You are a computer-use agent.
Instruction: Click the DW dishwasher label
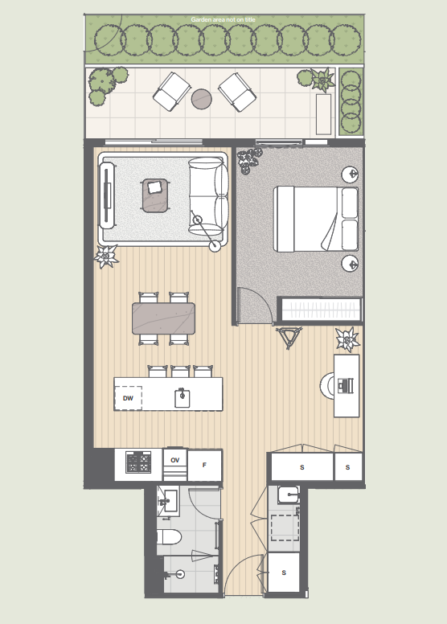128,398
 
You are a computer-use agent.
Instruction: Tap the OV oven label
175,460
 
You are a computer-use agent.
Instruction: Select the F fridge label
204,465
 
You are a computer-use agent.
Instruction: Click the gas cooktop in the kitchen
138,462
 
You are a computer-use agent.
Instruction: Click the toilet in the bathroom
169,537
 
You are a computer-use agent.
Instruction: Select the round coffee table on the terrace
202,99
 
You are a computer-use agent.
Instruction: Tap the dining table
163,318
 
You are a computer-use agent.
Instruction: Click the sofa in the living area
208,196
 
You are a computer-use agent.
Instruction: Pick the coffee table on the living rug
154,195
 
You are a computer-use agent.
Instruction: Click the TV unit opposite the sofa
107,195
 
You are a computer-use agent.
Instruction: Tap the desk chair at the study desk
327,385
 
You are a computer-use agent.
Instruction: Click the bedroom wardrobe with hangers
320,309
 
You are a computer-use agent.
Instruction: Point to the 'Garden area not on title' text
223,19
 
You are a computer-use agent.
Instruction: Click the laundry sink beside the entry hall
289,495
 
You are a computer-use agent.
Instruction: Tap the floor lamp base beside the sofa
215,246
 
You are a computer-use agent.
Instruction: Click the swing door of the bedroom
255,306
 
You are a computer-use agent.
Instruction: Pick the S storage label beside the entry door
284,573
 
